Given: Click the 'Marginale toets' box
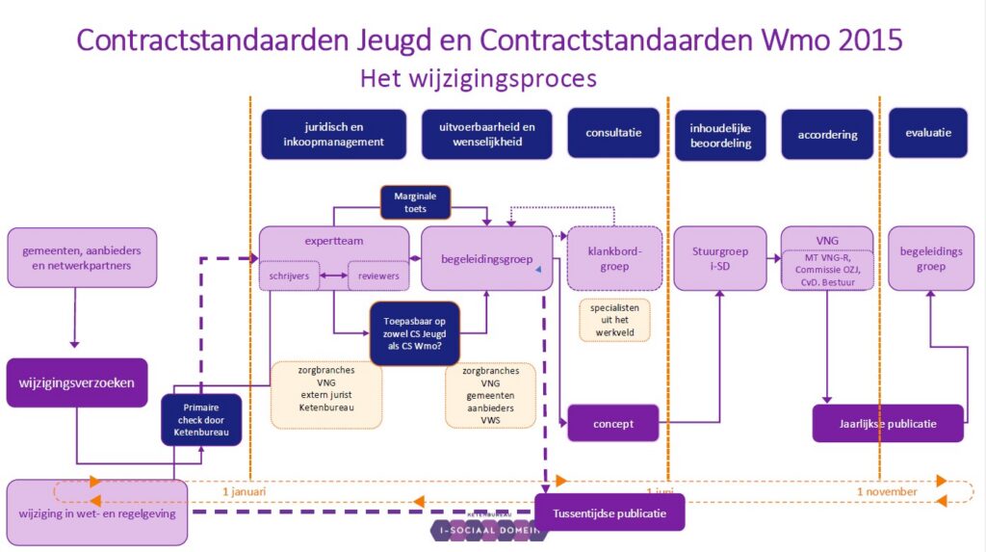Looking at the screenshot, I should pos(415,201).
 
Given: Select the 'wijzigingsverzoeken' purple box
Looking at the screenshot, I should pos(77,382).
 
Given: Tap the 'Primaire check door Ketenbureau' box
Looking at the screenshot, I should pos(200,420).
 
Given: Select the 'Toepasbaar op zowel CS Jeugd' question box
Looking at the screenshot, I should pos(415,333).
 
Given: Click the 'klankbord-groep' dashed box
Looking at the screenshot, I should pos(614,258).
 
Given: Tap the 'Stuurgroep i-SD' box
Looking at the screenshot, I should pos(719,258).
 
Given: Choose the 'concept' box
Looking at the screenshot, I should pos(613,422).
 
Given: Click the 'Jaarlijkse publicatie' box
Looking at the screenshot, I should pos(887,423).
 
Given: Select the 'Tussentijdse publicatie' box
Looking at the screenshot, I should pos(609,513).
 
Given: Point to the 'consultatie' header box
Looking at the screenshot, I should pos(613,133).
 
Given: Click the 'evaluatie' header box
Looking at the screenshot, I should pos(928,133).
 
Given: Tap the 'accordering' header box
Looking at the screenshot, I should pos(827,134).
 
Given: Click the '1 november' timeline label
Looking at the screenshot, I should pos(887,492).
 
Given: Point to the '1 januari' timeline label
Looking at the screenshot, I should pos(244,491).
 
